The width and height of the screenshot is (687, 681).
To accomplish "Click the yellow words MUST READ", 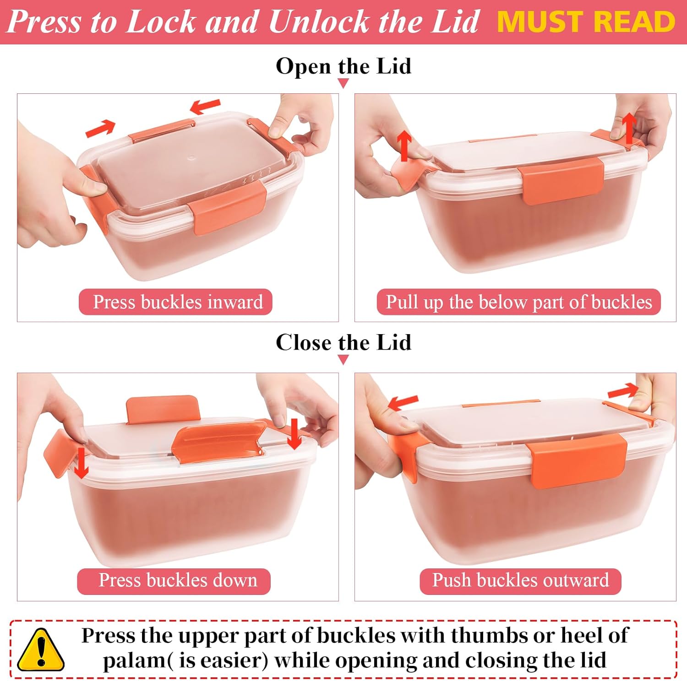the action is pyautogui.click(x=586, y=22).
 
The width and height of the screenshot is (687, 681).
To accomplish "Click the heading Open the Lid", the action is pyautogui.click(x=343, y=66).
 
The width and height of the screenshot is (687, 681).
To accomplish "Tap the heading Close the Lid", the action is pyautogui.click(x=343, y=342).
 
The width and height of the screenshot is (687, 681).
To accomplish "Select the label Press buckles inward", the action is pyautogui.click(x=178, y=302).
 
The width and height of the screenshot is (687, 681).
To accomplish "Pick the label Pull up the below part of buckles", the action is pyautogui.click(x=519, y=302).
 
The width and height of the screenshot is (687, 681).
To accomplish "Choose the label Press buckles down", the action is pyautogui.click(x=178, y=580).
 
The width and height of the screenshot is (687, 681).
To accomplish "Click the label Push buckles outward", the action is pyautogui.click(x=521, y=580).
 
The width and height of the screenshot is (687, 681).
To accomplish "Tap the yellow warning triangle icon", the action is pyautogui.click(x=41, y=650).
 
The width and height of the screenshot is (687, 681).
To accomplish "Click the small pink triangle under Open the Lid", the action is pyautogui.click(x=343, y=83).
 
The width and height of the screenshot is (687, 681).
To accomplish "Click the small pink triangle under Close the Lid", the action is pyautogui.click(x=343, y=360).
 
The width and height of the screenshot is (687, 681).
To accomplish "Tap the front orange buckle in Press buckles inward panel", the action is pyautogui.click(x=227, y=208).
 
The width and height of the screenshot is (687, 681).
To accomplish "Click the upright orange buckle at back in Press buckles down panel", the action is pyautogui.click(x=163, y=409).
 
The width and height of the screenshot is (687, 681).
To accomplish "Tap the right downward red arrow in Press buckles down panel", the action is pyautogui.click(x=294, y=433).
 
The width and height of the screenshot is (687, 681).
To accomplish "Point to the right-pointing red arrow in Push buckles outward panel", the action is pyautogui.click(x=623, y=391).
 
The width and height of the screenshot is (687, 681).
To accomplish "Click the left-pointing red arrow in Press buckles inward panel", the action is pyautogui.click(x=205, y=107).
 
